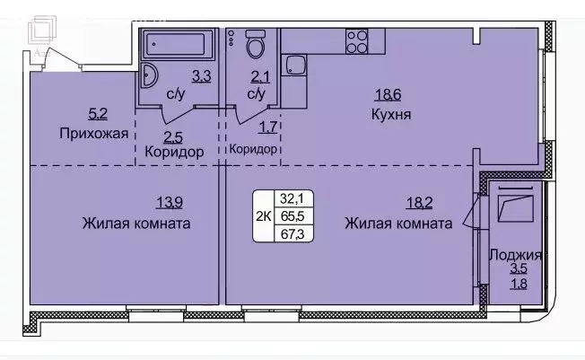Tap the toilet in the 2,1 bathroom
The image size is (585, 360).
[x=256, y=44]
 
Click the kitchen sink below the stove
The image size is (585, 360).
[x=293, y=65]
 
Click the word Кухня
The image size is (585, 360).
[x=390, y=115]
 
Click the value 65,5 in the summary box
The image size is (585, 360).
[x=290, y=216]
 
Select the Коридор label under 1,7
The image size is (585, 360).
[x=252, y=150]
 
